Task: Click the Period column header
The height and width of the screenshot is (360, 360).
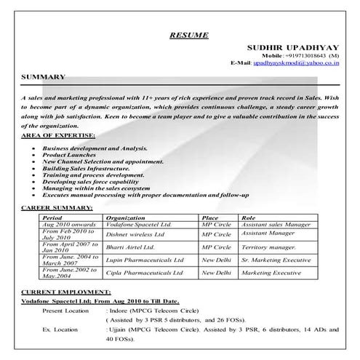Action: coord(52,217)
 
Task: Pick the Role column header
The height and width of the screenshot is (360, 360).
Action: coord(249,217)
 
